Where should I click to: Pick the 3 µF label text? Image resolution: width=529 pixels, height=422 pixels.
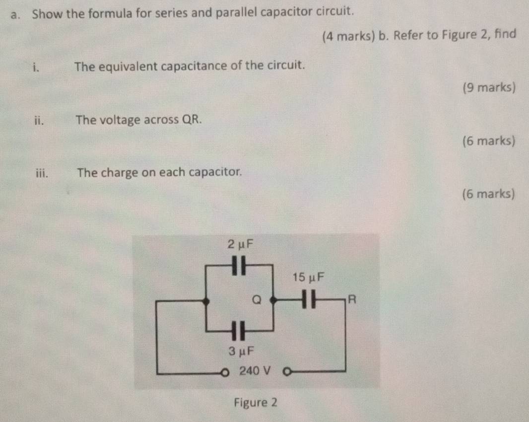point(241,351)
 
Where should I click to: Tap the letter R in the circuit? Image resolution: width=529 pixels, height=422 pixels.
point(352,299)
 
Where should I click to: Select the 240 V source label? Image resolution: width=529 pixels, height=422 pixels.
point(255,370)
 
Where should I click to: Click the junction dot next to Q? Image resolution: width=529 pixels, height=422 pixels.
point(272,300)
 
